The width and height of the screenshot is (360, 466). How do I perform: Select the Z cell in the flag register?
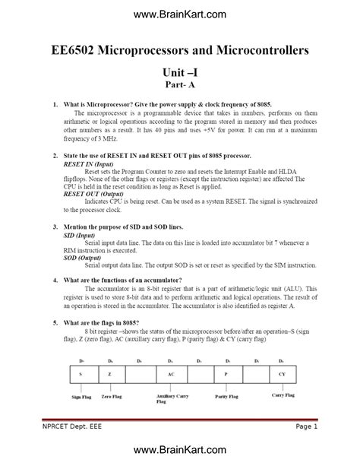tap(110, 376)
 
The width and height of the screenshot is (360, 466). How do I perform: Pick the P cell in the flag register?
tap(226, 376)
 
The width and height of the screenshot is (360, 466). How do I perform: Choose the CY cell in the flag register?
tap(283, 376)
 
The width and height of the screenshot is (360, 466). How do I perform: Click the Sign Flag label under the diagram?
tap(81, 397)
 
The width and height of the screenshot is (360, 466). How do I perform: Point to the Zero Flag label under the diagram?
tap(112, 396)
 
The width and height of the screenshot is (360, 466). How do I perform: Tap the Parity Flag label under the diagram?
tap(227, 396)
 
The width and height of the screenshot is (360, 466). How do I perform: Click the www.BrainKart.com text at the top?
tap(179, 14)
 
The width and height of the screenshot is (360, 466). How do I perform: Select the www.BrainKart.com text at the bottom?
tap(179, 452)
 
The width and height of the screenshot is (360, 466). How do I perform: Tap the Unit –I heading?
tap(180, 71)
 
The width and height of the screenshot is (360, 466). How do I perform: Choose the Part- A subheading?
tap(180, 85)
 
